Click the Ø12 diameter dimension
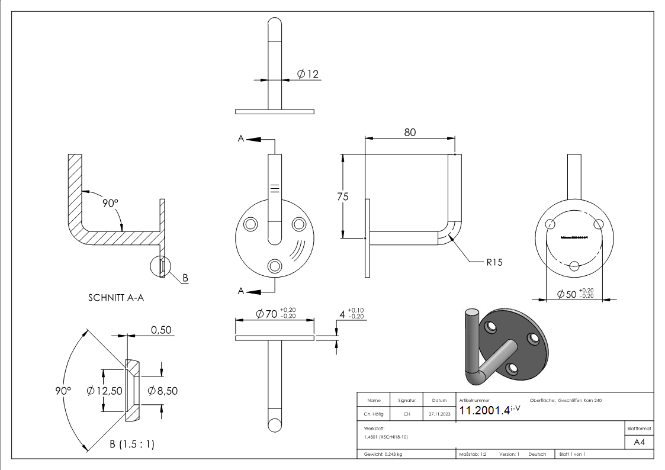[308, 74]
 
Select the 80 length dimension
[410, 132]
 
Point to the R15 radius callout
[494, 262]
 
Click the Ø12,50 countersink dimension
[104, 391]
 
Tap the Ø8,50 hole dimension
[161, 391]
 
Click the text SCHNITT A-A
[115, 298]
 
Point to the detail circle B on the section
[162, 267]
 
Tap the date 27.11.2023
[439, 414]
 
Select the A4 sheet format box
[639, 442]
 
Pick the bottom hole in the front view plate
[274, 266]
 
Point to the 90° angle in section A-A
[111, 202]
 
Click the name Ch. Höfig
[374, 414]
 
